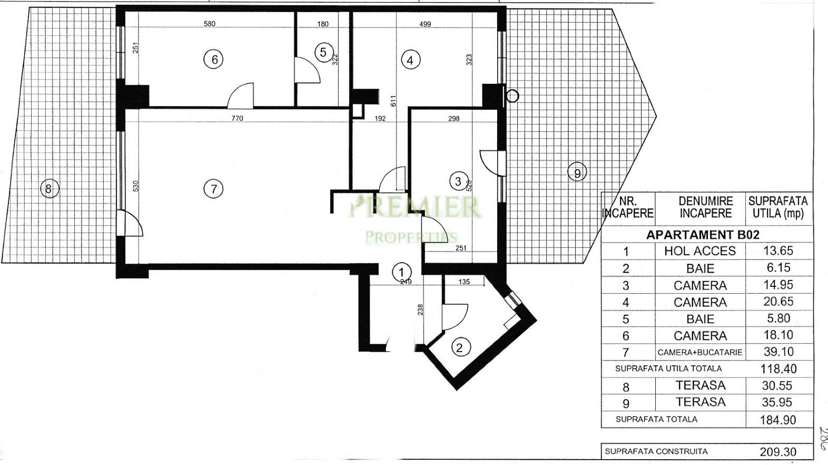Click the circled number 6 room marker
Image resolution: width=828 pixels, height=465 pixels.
pos(214,60)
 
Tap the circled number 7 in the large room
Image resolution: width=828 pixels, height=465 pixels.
pos(213,188)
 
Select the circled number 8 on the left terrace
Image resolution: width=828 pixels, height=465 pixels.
pos(49,188)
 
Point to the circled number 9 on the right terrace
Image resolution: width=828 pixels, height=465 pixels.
pos(577,173)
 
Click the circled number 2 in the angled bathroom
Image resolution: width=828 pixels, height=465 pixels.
pos(460,347)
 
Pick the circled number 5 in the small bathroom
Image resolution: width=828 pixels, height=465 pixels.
pos(323,52)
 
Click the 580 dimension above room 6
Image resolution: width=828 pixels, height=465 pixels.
pos(210,24)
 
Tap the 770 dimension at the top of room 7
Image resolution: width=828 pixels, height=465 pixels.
pos(238,119)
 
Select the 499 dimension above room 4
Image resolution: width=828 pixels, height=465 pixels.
pos(425,24)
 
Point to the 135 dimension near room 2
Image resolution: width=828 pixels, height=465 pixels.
pos(464,282)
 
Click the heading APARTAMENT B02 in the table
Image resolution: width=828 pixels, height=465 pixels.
pos(703,235)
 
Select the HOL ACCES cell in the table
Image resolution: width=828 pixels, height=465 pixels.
pos(699,251)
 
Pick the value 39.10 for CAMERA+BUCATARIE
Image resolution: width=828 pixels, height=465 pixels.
pos(778,352)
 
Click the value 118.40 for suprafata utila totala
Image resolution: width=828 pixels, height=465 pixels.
pos(778,369)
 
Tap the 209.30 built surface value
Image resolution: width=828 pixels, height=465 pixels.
pos(778,452)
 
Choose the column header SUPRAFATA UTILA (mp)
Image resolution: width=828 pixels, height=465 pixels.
pos(778,208)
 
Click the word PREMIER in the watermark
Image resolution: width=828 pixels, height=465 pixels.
pos(416,207)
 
